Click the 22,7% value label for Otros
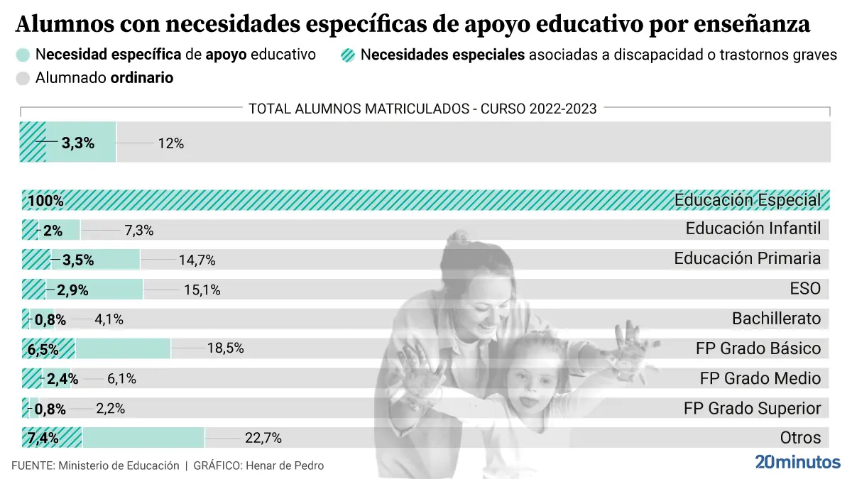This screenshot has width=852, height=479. tap(263, 438)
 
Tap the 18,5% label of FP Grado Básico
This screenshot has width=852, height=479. tap(226, 348)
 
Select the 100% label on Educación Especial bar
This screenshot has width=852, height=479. tap(45, 201)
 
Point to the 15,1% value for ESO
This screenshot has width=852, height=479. tap(202, 290)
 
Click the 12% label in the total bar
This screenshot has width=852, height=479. tap(171, 143)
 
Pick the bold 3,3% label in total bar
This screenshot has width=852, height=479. tap(78, 143)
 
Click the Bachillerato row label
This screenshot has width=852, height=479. tap(776, 319)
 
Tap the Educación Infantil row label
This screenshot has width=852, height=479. tap(753, 229)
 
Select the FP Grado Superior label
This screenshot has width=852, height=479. tap(752, 408)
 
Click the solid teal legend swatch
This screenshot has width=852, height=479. tap(23, 55)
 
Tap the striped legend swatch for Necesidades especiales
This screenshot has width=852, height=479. tap(348, 55)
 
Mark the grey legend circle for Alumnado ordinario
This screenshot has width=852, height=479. tap(23, 78)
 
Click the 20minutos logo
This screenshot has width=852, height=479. tap(797, 462)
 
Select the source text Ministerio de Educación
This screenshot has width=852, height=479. tap(119, 466)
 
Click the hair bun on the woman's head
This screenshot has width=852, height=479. tap(458, 237)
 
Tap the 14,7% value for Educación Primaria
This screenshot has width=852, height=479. tap(197, 260)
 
